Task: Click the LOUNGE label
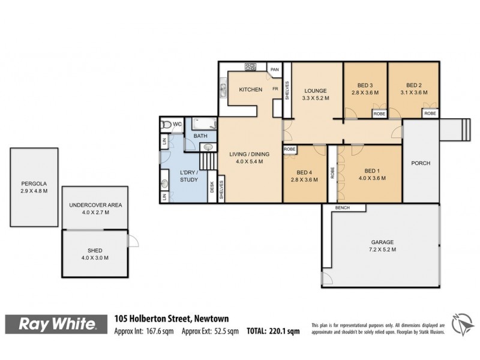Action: [315, 91]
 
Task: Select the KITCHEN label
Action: [250, 90]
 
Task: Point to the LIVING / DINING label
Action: [249, 155]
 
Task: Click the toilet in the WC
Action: [166, 124]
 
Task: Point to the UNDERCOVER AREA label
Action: [95, 205]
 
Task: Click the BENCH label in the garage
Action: [343, 208]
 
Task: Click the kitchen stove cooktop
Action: [250, 67]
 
